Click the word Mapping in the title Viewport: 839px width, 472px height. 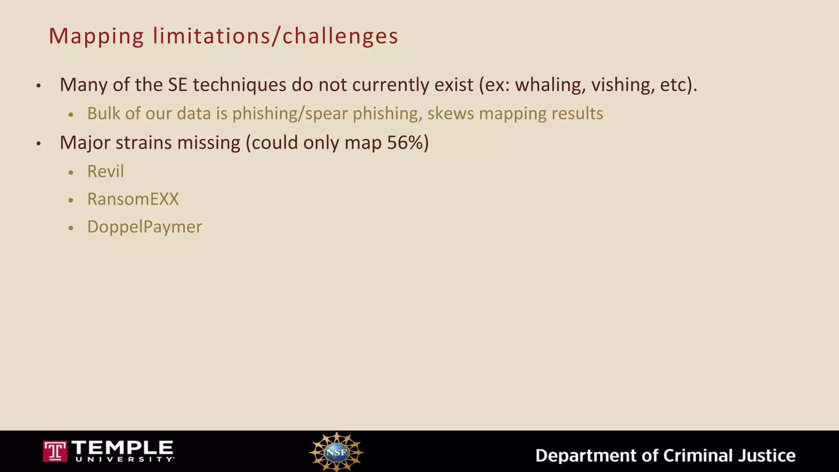tap(96, 36)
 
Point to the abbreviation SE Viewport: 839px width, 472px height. tap(177, 85)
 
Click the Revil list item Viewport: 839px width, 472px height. tap(105, 171)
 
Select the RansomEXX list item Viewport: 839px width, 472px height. tap(133, 199)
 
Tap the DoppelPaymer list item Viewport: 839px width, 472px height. tap(145, 227)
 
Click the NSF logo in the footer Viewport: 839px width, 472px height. tap(336, 452)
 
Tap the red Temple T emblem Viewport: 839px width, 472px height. tap(55, 451)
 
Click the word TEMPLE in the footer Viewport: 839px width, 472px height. tap(122, 447)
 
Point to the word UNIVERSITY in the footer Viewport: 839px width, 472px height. tap(124, 460)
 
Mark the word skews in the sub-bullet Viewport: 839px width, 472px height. tap(451, 113)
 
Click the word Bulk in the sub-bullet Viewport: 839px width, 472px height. tap(104, 113)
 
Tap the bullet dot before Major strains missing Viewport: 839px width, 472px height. tap(39, 144)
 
